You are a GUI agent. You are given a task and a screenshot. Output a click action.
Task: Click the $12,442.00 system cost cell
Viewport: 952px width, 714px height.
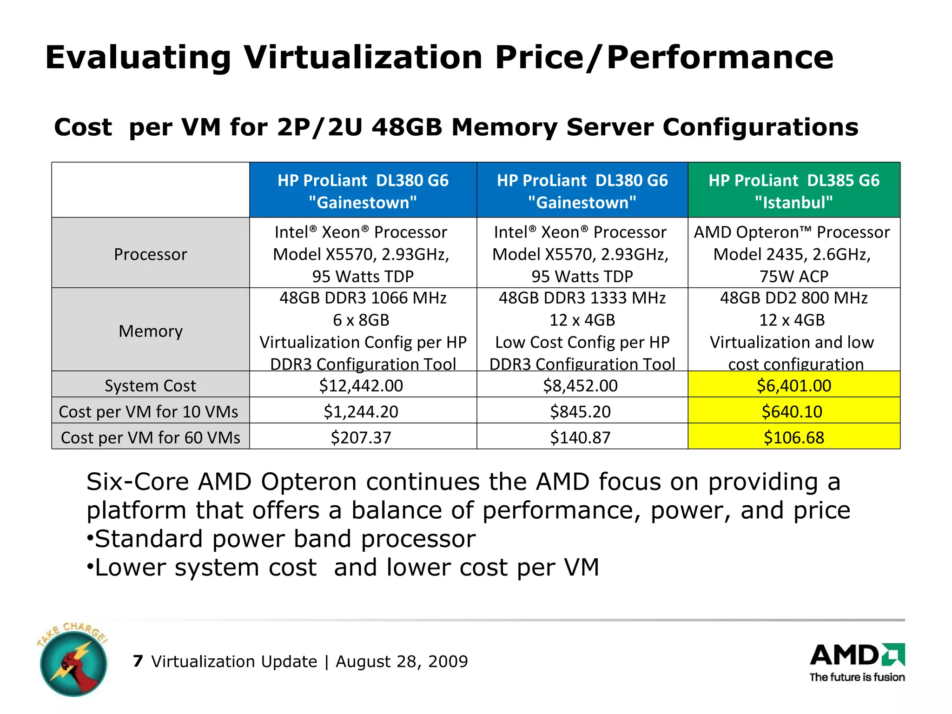tap(361, 385)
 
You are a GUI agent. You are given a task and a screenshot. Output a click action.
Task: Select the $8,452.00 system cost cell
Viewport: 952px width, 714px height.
tap(581, 385)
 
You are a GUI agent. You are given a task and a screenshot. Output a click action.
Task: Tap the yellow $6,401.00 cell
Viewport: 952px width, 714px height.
tap(794, 385)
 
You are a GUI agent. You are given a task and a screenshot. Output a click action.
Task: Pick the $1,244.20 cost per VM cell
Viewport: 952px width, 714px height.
tap(361, 411)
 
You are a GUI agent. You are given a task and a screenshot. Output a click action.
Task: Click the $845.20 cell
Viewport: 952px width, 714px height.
tap(581, 411)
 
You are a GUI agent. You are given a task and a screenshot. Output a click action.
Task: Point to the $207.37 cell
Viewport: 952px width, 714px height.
tap(361, 437)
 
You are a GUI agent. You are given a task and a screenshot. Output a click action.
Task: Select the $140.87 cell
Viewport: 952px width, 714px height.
tap(581, 437)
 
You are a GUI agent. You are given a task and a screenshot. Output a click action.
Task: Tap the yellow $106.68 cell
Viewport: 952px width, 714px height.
tap(794, 437)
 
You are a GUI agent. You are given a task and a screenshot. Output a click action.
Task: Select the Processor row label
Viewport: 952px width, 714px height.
tap(151, 254)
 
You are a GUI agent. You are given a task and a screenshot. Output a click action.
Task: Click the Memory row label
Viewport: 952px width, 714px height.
tap(151, 331)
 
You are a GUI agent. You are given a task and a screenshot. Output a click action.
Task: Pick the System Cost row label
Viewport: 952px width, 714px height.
tap(151, 385)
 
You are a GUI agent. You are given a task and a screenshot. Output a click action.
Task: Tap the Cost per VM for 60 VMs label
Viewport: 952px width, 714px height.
tap(151, 437)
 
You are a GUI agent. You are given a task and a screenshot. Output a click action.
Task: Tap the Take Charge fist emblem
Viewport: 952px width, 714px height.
tap(73, 662)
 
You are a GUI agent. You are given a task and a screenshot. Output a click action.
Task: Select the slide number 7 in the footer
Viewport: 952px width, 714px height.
tap(138, 661)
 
